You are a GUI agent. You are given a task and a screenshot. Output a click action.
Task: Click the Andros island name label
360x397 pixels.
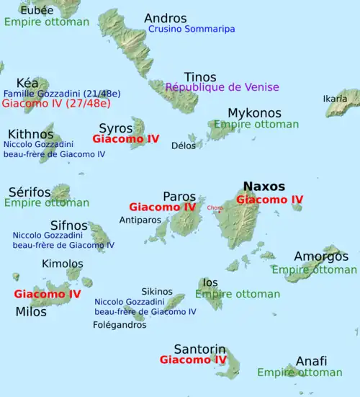165,18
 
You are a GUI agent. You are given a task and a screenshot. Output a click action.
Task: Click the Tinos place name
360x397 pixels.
199,77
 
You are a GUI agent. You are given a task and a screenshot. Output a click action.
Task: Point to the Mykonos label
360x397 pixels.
254,113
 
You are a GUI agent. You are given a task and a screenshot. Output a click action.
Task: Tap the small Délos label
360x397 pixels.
184,146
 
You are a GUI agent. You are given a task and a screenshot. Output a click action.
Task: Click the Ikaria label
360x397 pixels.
335,99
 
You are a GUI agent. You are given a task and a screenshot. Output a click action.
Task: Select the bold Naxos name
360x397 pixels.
264,187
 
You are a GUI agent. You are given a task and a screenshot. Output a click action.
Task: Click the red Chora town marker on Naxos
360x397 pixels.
219,210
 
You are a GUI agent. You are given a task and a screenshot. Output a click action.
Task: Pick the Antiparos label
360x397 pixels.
140,219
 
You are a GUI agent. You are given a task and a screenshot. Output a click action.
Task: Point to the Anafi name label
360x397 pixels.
311,361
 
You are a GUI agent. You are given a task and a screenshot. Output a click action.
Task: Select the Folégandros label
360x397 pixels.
120,325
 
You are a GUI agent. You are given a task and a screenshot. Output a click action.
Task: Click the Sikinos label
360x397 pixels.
157,291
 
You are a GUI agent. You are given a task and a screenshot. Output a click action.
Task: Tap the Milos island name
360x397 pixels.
30,311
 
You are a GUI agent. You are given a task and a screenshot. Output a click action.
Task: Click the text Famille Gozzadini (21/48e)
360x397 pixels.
62,94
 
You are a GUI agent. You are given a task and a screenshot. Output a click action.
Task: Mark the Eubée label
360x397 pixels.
36,10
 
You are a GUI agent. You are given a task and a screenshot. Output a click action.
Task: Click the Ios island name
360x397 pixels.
210,282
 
